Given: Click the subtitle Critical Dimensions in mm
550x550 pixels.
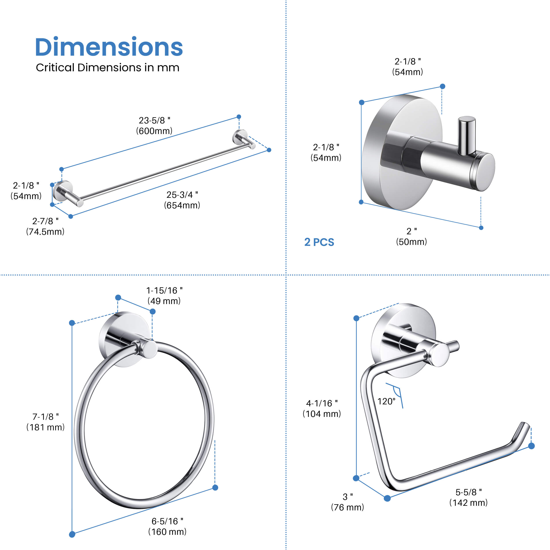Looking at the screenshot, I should click(x=107, y=68).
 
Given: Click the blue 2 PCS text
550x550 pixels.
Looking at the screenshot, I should click(x=319, y=242).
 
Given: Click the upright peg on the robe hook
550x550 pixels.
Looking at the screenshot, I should click(x=466, y=135).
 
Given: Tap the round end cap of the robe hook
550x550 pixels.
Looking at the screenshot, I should click(x=486, y=172).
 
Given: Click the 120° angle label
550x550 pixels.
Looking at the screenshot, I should click(x=386, y=401).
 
